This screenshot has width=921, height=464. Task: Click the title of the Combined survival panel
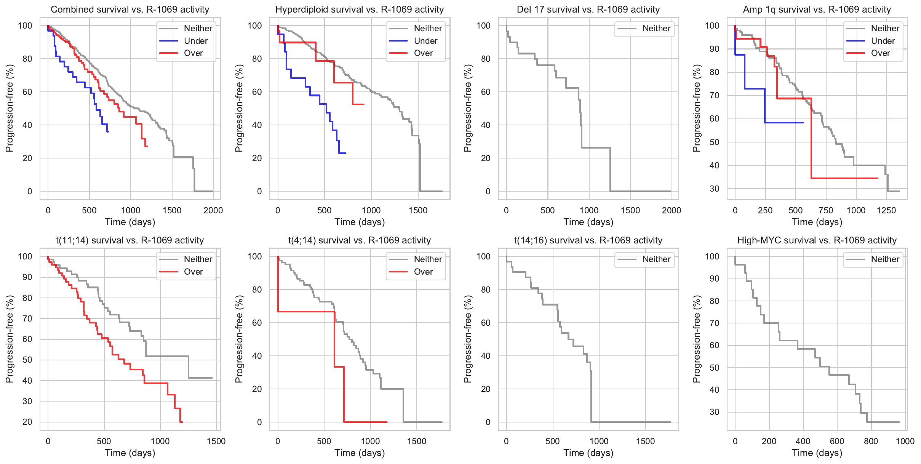point(130,10)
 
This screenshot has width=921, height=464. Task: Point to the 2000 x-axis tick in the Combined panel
point(213,210)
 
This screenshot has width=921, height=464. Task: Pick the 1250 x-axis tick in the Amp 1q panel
point(886,210)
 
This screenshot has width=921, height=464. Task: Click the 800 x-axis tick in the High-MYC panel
point(871,441)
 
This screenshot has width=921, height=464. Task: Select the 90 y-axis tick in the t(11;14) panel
point(27,277)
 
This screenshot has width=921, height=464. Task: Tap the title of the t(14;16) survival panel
point(588,240)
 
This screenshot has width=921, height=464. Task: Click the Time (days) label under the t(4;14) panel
point(360,453)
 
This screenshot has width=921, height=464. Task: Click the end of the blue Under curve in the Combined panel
point(108,132)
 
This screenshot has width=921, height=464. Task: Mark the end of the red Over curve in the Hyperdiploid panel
point(364,104)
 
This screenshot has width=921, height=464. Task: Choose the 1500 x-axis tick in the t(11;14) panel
point(216,441)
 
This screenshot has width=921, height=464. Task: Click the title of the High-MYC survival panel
point(817,240)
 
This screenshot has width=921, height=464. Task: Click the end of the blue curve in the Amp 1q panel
point(803,123)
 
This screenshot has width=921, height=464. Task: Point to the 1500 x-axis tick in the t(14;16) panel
point(645,441)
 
